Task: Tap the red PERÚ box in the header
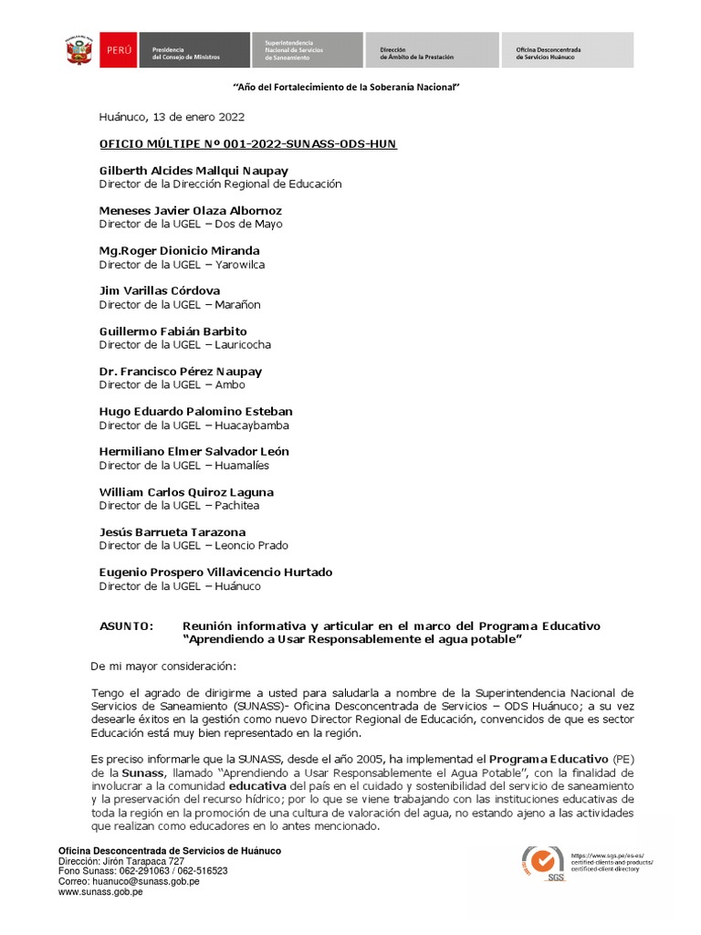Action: pyautogui.click(x=120, y=50)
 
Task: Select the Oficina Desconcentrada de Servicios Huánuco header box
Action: pyautogui.click(x=566, y=50)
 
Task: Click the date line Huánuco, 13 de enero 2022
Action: pyautogui.click(x=172, y=117)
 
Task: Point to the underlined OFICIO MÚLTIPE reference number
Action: pyautogui.click(x=247, y=144)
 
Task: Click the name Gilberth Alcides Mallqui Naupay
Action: pyautogui.click(x=194, y=171)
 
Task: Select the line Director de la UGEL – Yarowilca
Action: pyautogui.click(x=182, y=265)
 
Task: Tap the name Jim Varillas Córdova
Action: pyautogui.click(x=160, y=291)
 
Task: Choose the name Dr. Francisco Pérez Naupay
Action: pyautogui.click(x=181, y=372)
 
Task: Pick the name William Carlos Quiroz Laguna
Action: pyautogui.click(x=186, y=492)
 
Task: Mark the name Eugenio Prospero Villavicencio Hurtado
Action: pyautogui.click(x=215, y=573)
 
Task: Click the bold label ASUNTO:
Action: pyautogui.click(x=126, y=626)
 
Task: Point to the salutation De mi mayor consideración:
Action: pyautogui.click(x=163, y=666)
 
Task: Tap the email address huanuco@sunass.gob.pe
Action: pyautogui.click(x=129, y=882)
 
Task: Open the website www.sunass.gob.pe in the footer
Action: pyautogui.click(x=100, y=892)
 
